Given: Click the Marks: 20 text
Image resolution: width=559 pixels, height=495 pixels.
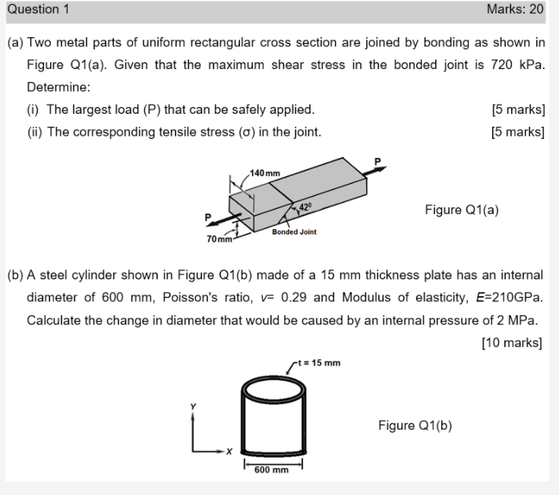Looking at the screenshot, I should (516, 10).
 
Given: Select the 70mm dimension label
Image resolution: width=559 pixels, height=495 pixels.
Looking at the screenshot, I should (219, 240).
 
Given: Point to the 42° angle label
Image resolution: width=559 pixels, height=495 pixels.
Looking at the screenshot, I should (304, 206).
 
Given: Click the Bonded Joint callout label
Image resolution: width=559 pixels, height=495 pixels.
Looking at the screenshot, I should (294, 232).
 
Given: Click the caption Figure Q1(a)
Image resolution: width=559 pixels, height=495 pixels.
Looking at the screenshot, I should (462, 210).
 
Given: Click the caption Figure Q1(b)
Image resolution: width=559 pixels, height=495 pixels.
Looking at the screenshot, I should (415, 425).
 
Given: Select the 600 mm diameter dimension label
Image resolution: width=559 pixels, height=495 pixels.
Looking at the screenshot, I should (272, 470).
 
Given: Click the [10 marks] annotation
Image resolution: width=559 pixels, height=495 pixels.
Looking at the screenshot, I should (512, 342).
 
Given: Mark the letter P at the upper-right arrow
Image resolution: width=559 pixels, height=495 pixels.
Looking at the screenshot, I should (374, 161).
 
